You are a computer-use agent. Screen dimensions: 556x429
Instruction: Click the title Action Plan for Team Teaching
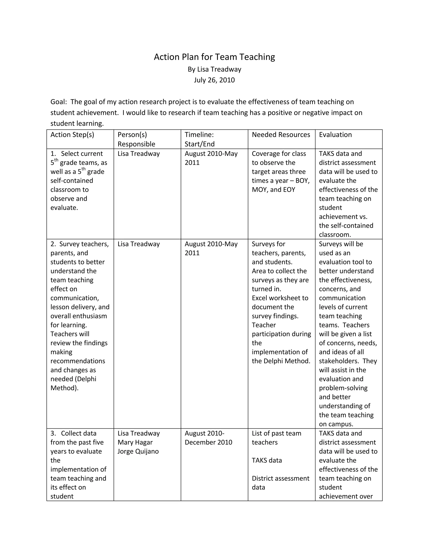coord(214,57)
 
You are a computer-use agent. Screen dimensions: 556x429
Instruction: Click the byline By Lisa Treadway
coord(214,69)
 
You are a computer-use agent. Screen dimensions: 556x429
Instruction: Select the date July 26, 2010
coord(214,80)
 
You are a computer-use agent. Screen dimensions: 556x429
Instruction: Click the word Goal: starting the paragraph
coord(59,102)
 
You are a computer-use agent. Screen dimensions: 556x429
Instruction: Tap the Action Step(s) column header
coord(72,135)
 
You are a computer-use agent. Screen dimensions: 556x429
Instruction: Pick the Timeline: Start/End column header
coord(199,139)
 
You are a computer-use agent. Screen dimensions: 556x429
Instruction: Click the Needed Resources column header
coord(281,135)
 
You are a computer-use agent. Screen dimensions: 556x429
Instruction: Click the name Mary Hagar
coord(135,442)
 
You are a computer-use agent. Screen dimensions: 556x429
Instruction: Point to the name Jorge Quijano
coord(138,451)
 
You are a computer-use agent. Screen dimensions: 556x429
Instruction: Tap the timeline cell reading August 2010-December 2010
coord(208,438)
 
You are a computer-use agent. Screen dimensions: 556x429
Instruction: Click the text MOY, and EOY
coord(273,190)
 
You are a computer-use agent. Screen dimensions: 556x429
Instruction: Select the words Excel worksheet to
coord(280,298)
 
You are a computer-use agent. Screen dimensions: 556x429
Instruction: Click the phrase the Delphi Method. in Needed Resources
coord(281,361)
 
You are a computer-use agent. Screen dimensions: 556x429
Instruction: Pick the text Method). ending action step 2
coord(64,388)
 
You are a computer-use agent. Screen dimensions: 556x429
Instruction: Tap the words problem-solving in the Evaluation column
coord(343,388)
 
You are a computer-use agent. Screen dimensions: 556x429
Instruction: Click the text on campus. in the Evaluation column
coord(336,424)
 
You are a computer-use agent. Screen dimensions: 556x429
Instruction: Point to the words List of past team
coord(276,433)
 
